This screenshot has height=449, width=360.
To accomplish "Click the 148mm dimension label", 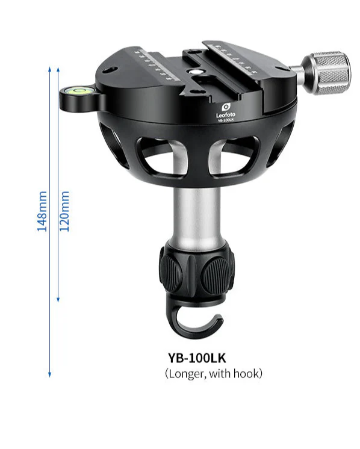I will (x=43, y=212).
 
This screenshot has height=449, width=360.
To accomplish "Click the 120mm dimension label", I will (x=66, y=211).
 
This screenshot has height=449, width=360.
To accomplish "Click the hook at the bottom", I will (x=195, y=322).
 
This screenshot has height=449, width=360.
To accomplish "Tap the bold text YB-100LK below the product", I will (x=197, y=356).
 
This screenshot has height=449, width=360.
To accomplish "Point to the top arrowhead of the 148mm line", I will (x=49, y=67).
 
